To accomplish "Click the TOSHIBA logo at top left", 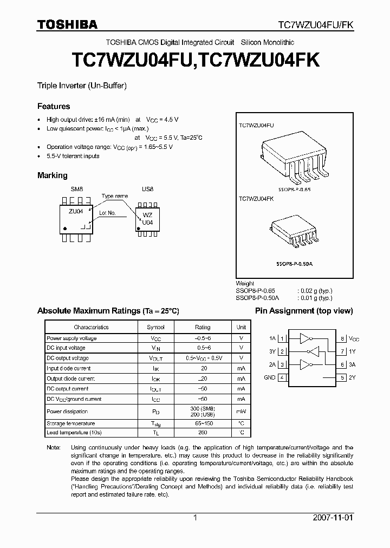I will coord(67,25).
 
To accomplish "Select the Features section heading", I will coord(53,106).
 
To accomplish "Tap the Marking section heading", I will coord(52,175).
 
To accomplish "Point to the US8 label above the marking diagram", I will coord(147,188).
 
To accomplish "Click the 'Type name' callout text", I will coord(115,196).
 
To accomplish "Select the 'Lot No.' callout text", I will coord(108,213).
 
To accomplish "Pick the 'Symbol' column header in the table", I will coord(155,327).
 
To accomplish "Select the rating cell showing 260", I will coord(203,433).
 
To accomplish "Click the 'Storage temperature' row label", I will coord(70,423).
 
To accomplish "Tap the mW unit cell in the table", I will coord(241,412).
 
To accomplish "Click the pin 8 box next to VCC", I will coord(343,338).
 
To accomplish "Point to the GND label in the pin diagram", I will coord(269,377).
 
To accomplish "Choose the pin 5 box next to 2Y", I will coord(343,377).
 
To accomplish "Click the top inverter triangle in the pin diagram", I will coord(305,338).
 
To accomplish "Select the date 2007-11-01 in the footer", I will coord(333,518).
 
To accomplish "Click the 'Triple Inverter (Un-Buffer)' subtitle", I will coord(81,86).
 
